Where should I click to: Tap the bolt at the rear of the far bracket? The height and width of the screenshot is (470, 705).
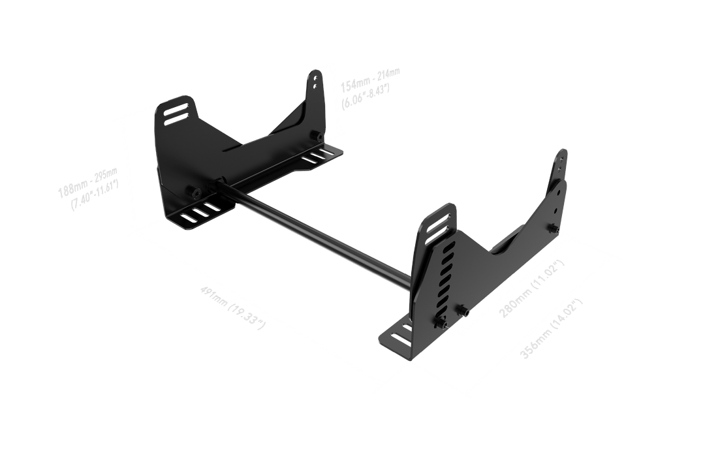pyautogui.click(x=317, y=136)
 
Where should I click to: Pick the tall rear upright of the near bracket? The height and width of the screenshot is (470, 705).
pyautogui.click(x=559, y=183)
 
